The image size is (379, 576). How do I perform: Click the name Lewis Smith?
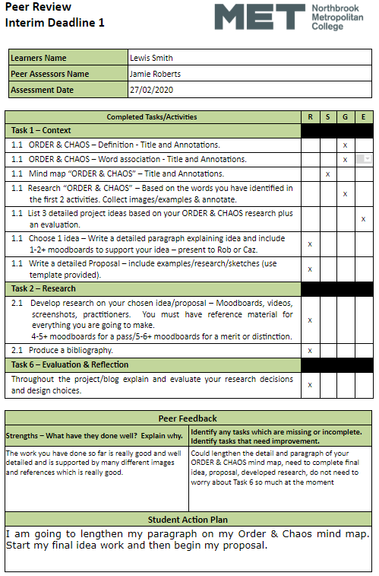[152, 58]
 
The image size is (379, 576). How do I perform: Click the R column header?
[309, 117]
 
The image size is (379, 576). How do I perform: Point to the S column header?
[327, 117]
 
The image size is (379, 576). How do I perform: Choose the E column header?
[363, 117]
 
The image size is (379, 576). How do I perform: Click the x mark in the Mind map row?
[327, 174]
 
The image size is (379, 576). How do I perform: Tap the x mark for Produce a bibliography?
[309, 350]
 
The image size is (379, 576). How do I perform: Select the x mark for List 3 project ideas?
[363, 219]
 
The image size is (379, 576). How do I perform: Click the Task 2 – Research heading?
[44, 289]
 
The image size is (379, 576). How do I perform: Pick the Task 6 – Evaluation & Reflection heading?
[71, 365]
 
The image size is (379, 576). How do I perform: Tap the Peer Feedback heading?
[188, 418]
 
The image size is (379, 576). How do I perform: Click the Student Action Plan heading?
[188, 520]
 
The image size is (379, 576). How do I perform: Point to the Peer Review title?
[37, 8]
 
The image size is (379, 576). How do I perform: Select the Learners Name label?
[39, 58]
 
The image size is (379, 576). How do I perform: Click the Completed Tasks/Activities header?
[152, 117]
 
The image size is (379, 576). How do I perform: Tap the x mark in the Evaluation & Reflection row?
[309, 385]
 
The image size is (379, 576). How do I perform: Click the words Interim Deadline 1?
[55, 23]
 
